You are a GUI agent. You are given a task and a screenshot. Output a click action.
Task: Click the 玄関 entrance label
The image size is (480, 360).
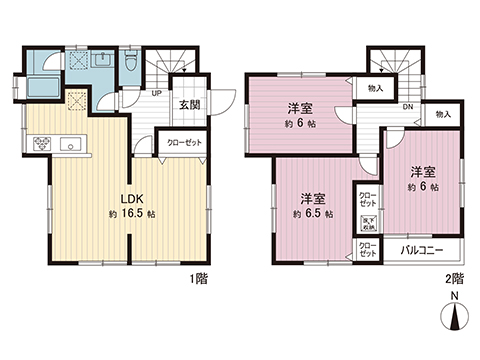pos(190,104)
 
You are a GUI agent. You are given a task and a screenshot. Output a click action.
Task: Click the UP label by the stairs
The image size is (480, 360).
pos(157,94)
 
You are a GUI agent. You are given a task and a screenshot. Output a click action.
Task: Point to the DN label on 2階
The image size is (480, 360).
pos(409,107)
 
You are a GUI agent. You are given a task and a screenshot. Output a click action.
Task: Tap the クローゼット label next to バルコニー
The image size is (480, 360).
pos(366,248)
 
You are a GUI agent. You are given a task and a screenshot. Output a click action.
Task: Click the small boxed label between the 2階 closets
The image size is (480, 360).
pos(366,222)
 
